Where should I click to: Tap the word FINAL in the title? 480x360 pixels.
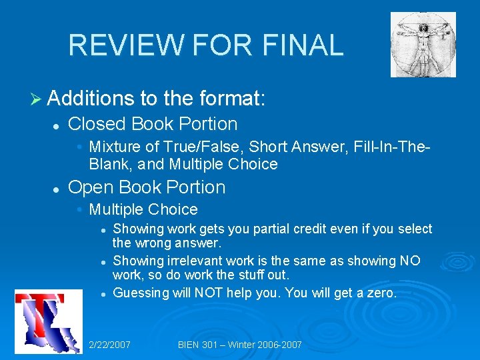click(x=303, y=45)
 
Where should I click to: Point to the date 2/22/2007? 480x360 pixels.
click(x=109, y=345)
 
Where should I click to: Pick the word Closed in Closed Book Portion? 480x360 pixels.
click(x=97, y=124)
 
